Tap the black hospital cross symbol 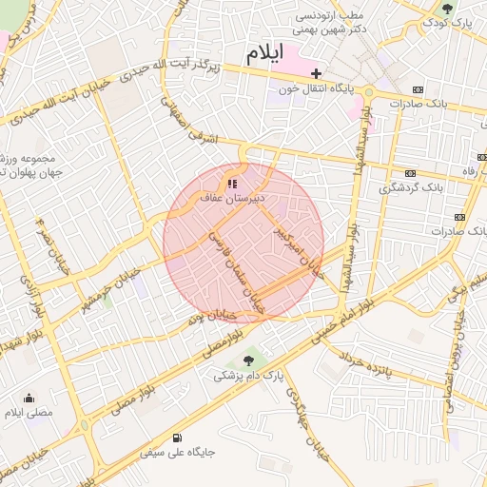[316, 73]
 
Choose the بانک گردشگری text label [411, 188]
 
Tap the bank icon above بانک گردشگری [411, 173]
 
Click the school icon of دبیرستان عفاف [231, 183]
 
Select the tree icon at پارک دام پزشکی [249, 360]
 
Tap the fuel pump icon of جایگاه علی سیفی [177, 438]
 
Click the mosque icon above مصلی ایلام [29, 399]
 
